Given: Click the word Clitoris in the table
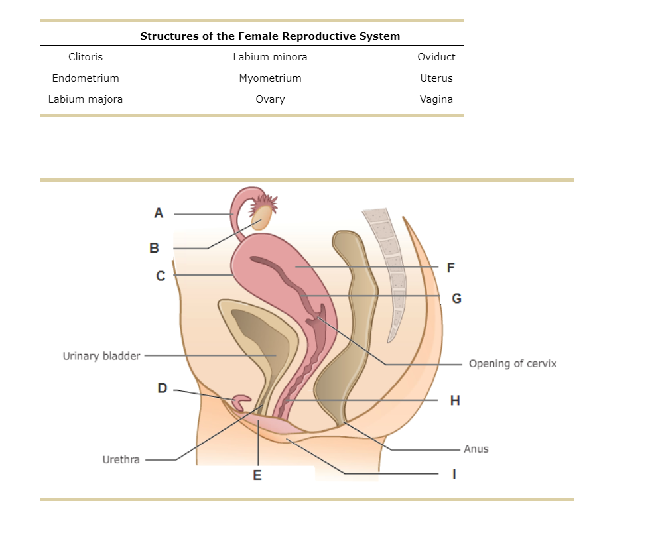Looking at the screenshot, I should (x=86, y=57).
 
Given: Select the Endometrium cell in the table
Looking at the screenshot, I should (x=86, y=78).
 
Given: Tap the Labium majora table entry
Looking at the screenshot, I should (x=86, y=99).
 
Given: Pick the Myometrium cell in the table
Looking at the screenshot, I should (x=270, y=78).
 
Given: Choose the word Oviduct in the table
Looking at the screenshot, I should (x=436, y=57).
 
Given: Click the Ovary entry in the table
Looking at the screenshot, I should (x=270, y=99).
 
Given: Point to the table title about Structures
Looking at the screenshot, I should (x=270, y=36).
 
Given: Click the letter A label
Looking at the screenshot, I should (x=158, y=213).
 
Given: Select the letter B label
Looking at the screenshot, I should (x=154, y=249).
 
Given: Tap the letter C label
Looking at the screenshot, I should (x=161, y=276).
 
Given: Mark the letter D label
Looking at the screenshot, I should (x=162, y=388).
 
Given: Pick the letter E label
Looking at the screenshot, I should (x=257, y=475).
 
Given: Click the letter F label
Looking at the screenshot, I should (x=451, y=268).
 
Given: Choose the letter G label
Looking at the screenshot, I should (x=456, y=298).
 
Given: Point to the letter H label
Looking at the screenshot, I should (x=454, y=400).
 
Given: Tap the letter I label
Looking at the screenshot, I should (x=454, y=475).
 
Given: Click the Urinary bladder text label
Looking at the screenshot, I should (x=101, y=356).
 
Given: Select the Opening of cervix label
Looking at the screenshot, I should (x=512, y=363).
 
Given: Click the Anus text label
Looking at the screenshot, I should (x=476, y=449).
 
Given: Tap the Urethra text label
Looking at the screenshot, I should (x=121, y=459).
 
